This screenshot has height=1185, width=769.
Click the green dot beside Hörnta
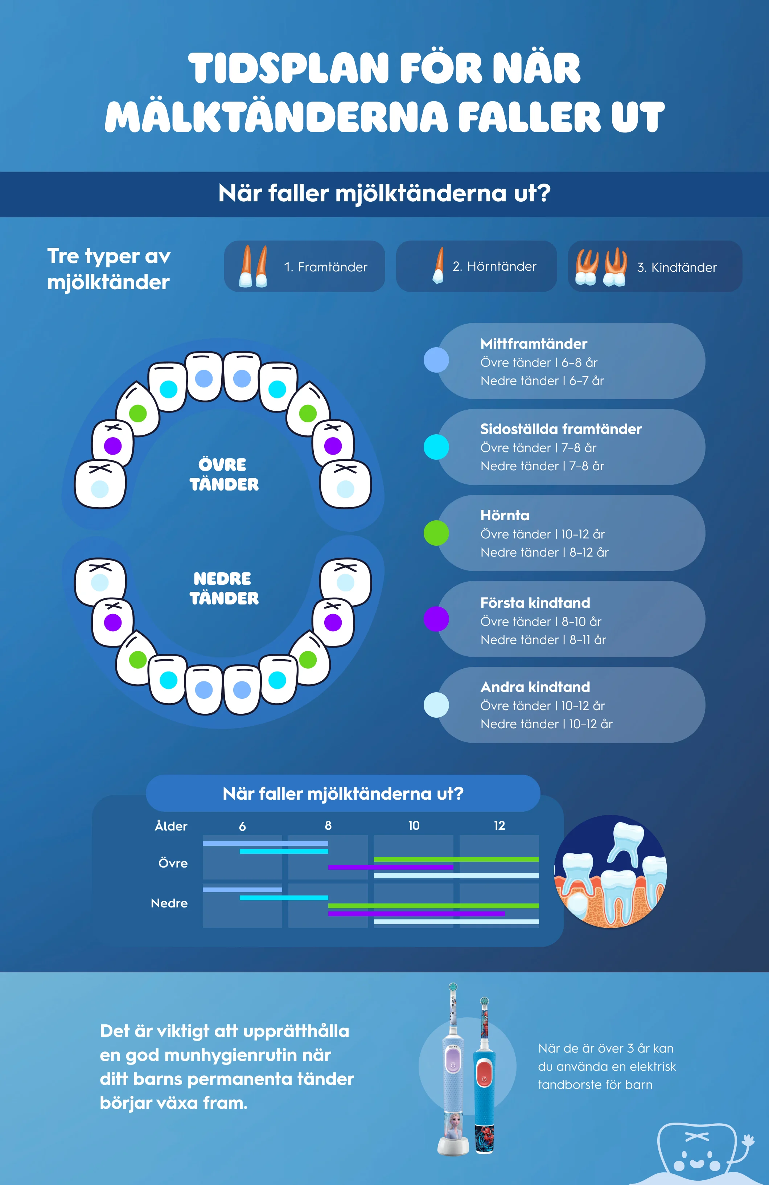pyautogui.click(x=436, y=533)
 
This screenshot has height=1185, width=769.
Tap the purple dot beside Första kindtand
pyautogui.click(x=436, y=619)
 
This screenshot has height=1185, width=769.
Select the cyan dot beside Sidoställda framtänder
pyautogui.click(x=436, y=447)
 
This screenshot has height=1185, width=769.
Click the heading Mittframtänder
pyautogui.click(x=534, y=344)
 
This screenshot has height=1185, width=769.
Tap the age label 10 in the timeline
pyautogui.click(x=414, y=825)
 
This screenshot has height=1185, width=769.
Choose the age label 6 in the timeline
pyautogui.click(x=242, y=827)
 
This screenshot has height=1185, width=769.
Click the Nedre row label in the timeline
pyautogui.click(x=169, y=903)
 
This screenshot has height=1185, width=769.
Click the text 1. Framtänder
pyautogui.click(x=325, y=267)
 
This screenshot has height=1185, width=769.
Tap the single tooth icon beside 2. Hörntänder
pyautogui.click(x=438, y=266)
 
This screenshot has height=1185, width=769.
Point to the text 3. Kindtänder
pyautogui.click(x=677, y=267)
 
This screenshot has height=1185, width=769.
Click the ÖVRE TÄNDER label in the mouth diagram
pyautogui.click(x=224, y=475)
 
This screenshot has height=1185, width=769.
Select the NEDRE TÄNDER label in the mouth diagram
pyautogui.click(x=224, y=588)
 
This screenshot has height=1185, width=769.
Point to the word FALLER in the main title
pyautogui.click(x=529, y=117)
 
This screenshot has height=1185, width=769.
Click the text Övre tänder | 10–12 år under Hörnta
pyautogui.click(x=543, y=534)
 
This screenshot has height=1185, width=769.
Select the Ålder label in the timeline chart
pyautogui.click(x=171, y=826)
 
